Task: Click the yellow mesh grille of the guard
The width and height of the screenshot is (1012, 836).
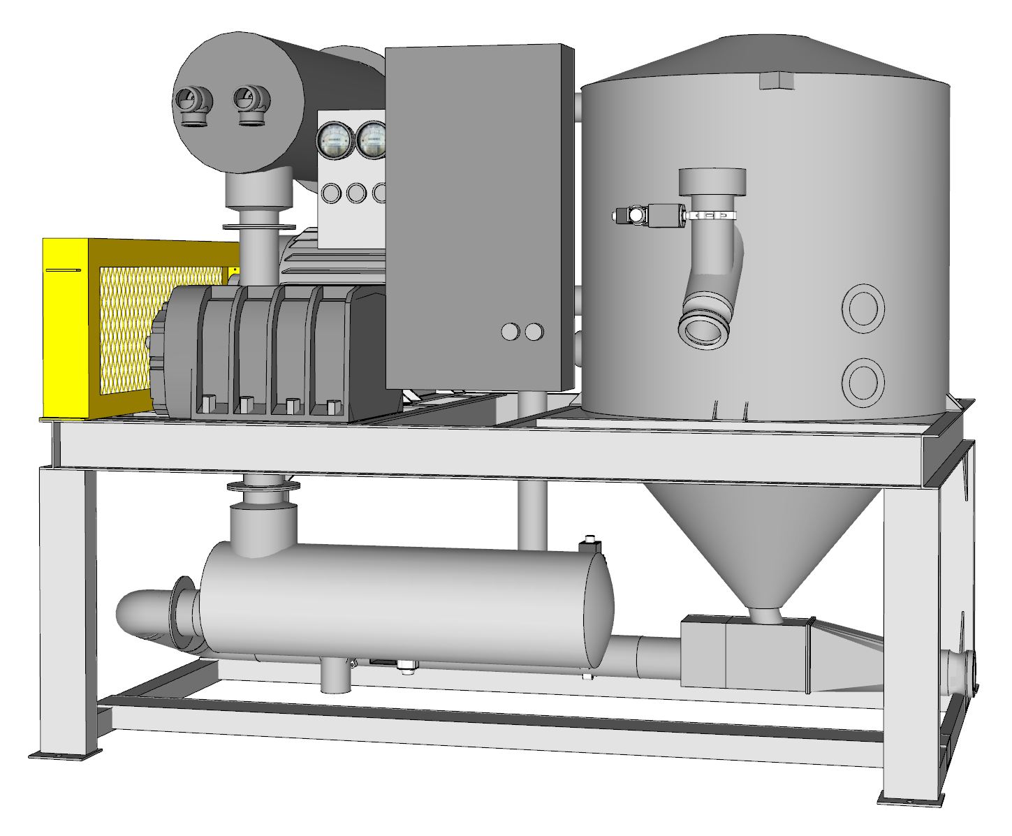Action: tap(126, 328)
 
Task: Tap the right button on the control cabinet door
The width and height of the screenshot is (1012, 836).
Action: tap(534, 332)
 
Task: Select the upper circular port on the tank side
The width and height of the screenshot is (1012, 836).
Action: tap(863, 307)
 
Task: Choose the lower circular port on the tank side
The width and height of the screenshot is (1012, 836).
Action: tap(863, 380)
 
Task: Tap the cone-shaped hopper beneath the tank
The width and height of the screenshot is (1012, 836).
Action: tap(761, 538)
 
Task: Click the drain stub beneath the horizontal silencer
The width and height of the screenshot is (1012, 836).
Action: tap(335, 676)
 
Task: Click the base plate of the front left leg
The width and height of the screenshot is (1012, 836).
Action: tap(65, 754)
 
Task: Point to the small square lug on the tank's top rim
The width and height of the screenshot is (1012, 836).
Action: tap(777, 82)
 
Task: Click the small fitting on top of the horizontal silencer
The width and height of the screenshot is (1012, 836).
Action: tap(590, 544)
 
